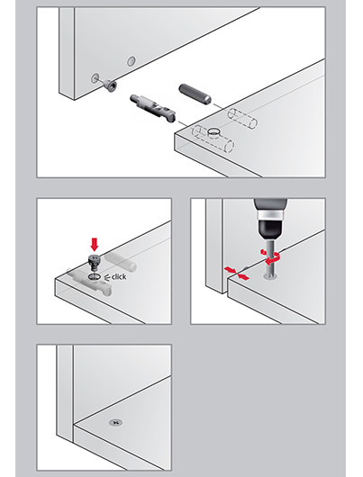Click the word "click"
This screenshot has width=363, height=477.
tap(119, 277)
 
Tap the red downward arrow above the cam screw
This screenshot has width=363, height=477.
tap(95, 245)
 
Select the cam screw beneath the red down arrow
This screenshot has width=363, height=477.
tap(94, 261)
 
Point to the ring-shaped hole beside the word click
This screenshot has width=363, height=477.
tap(95, 277)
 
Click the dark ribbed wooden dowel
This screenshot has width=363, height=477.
tap(195, 94)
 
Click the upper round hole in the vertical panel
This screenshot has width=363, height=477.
tap(132, 61)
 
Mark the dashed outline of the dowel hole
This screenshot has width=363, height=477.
tap(242, 118)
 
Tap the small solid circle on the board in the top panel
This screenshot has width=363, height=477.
tap(215, 132)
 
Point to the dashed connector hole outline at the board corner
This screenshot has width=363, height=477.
tap(213, 139)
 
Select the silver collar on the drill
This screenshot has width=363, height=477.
tap(271, 213)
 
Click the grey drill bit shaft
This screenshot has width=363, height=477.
tap(269, 257)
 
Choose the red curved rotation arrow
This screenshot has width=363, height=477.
tap(270, 257)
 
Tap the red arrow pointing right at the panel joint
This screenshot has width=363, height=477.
tap(230, 270)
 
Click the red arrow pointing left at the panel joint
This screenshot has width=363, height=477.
tap(244, 276)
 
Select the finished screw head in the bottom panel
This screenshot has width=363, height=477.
tap(115, 422)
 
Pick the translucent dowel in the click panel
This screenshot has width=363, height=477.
tap(121, 262)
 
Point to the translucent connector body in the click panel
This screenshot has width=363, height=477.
tap(89, 282)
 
